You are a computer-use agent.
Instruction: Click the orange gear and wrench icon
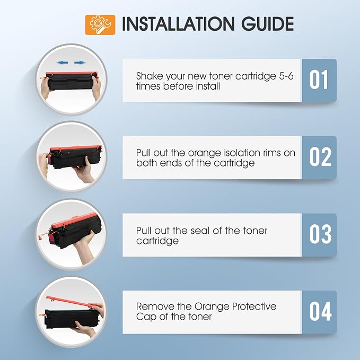tap(100, 25)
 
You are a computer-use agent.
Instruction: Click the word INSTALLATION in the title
tap(178, 24)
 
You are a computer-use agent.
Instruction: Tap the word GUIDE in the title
tap(267, 24)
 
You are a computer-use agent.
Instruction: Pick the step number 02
tap(320, 157)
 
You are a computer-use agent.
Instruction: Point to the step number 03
tap(320, 234)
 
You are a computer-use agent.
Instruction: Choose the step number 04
tap(321, 311)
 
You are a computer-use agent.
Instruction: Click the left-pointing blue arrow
tap(62, 63)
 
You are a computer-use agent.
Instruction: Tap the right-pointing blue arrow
tap(80, 63)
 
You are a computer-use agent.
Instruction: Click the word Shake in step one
tap(150, 76)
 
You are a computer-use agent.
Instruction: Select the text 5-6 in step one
tap(286, 76)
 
